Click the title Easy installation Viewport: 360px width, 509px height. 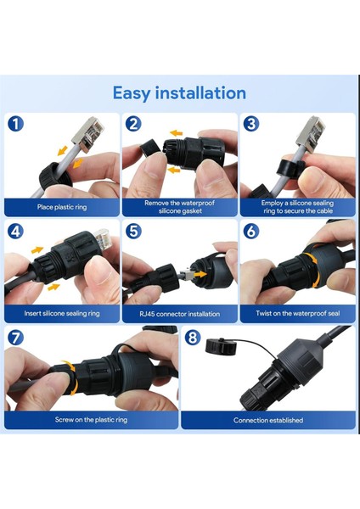179,92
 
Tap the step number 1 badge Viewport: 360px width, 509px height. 16,124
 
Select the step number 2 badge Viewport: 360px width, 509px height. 133,124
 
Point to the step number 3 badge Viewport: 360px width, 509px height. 251,124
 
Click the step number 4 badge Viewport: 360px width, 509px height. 16,231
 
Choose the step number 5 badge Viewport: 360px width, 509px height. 133,231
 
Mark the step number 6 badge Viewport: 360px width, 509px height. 251,231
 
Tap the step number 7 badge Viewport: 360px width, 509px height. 16,338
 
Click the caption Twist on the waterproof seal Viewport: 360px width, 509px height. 296,313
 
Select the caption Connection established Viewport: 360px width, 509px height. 267,420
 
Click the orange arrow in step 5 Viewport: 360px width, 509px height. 201,276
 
